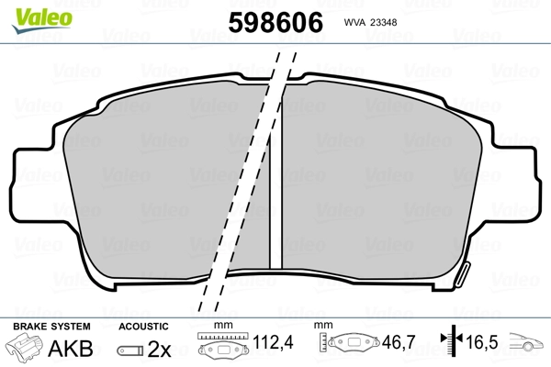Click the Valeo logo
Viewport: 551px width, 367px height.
[42, 19]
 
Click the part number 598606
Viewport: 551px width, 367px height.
[275, 22]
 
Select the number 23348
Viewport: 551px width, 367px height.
[384, 22]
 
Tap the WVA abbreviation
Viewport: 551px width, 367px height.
[354, 22]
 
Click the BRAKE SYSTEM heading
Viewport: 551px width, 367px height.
[51, 327]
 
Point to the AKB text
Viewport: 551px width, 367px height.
[71, 349]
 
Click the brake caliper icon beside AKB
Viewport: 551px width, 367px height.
[24, 346]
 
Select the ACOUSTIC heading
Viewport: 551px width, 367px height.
[143, 327]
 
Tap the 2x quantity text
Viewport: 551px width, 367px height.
[159, 349]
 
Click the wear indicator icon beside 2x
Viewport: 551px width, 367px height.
[130, 350]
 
